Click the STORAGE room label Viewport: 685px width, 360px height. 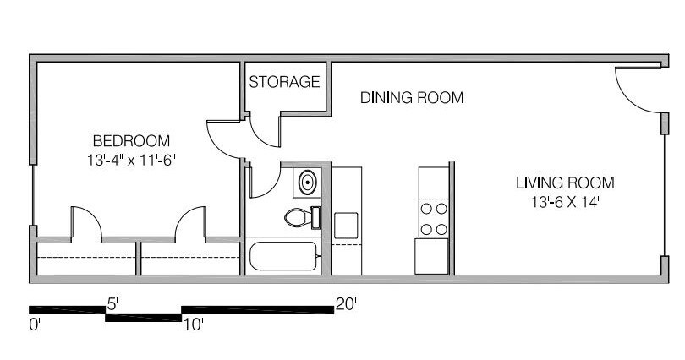(x=284, y=82)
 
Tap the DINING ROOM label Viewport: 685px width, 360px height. (x=412, y=98)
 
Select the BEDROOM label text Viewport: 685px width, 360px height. (x=131, y=141)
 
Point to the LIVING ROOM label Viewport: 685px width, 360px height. (x=565, y=183)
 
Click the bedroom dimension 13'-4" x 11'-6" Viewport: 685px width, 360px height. (x=131, y=158)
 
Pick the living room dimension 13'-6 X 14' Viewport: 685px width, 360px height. (x=565, y=202)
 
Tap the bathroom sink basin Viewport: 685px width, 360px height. (x=308, y=181)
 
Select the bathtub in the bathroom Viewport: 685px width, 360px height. (x=282, y=255)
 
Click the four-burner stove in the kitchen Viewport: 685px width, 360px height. (x=434, y=218)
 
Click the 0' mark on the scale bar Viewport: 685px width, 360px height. (x=34, y=324)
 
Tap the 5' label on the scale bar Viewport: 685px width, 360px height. (x=112, y=301)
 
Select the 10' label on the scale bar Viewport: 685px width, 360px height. (x=194, y=324)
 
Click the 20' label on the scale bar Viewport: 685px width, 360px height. (x=347, y=303)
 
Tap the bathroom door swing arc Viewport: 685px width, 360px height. (x=263, y=183)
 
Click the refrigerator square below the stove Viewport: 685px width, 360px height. (x=431, y=256)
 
